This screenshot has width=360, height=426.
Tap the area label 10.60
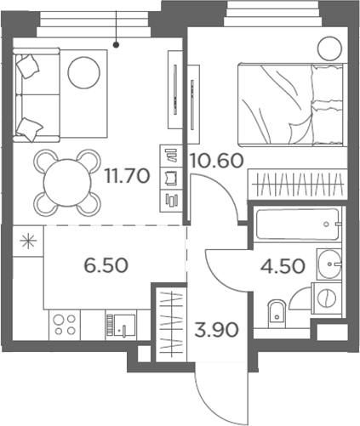[x=212, y=159]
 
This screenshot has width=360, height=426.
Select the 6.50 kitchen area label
[x=106, y=264]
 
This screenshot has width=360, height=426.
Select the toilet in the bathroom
[x=274, y=316]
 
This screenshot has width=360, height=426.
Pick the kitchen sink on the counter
[x=121, y=324]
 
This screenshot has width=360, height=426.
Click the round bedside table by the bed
[x=328, y=48]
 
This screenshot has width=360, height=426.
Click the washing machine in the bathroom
[x=325, y=297]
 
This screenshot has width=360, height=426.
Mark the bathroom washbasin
[x=325, y=264]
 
